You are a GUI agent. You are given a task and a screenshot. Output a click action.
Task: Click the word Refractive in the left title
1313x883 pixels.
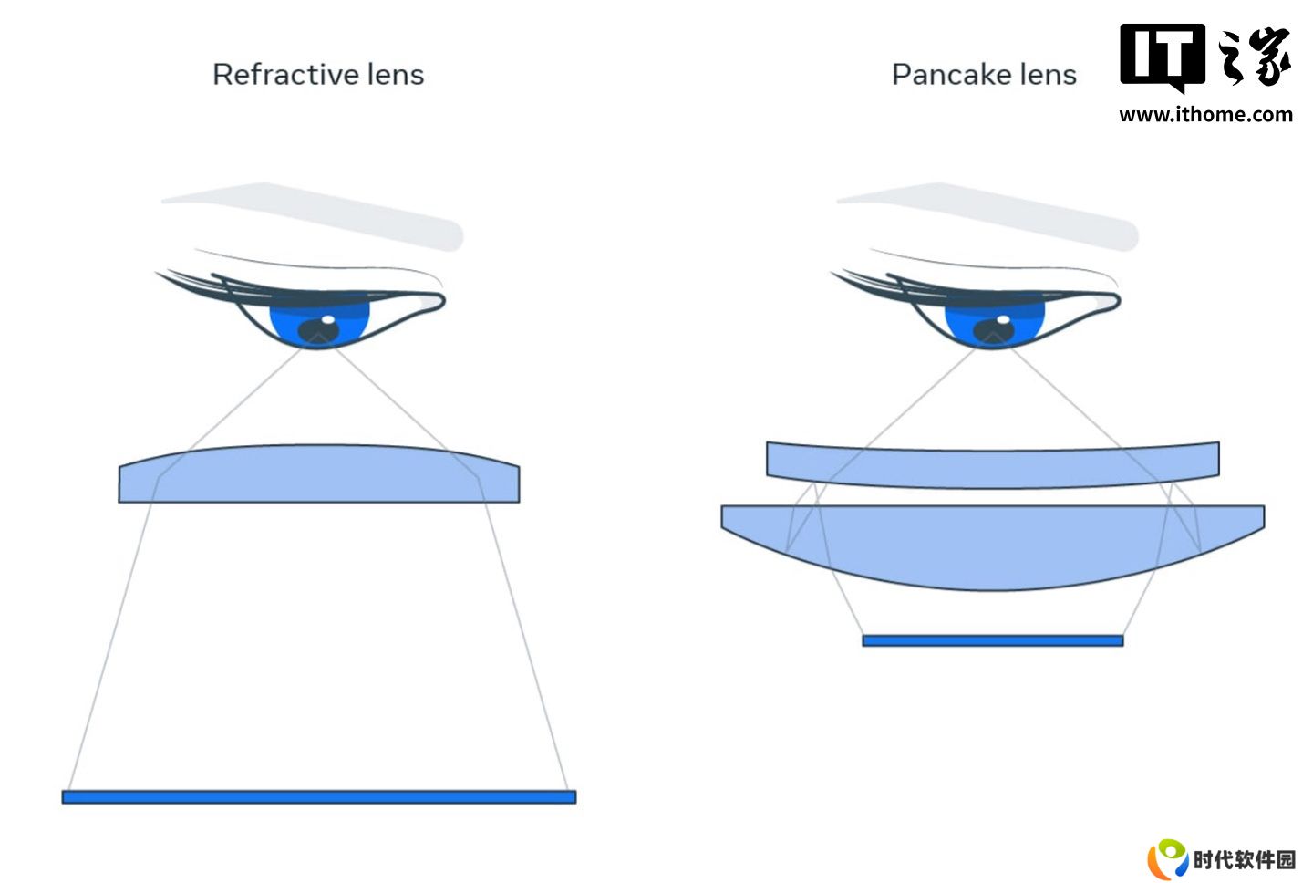tap(285, 75)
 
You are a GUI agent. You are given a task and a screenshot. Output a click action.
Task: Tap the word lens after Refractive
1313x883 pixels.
tap(396, 75)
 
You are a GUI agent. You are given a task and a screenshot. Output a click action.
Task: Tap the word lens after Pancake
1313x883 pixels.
tap(1048, 75)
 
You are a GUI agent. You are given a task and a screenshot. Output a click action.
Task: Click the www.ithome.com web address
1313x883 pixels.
tap(1205, 114)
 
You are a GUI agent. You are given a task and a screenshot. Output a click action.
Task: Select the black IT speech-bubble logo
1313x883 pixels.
tap(1163, 57)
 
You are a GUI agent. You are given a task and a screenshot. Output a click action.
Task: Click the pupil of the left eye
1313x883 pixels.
tap(318, 331)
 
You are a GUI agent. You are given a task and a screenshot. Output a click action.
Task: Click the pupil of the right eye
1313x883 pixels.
tap(994, 331)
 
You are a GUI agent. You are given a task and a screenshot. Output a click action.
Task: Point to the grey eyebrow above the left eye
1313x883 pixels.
tap(316, 214)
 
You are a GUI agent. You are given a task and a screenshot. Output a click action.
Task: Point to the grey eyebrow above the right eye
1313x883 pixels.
tap(990, 214)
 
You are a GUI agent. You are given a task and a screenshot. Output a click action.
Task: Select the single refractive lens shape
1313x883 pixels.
tap(319, 473)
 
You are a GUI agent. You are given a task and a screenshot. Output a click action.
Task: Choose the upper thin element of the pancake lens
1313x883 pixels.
tap(993, 464)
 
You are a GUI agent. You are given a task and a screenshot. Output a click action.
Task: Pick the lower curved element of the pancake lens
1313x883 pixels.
tap(993, 545)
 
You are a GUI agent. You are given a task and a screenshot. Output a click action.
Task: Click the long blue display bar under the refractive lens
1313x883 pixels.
tap(319, 797)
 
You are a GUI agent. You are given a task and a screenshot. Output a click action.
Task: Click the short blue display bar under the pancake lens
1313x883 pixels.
tap(993, 640)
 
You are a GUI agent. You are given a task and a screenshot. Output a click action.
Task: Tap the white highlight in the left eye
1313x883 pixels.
tap(328, 319)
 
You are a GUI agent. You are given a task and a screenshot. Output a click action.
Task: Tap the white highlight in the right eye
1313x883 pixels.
tap(1004, 319)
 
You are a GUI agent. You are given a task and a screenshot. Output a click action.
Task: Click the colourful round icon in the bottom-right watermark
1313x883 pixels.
tap(1168, 858)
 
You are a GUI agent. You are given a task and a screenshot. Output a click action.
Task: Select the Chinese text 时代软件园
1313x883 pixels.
tap(1245, 860)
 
